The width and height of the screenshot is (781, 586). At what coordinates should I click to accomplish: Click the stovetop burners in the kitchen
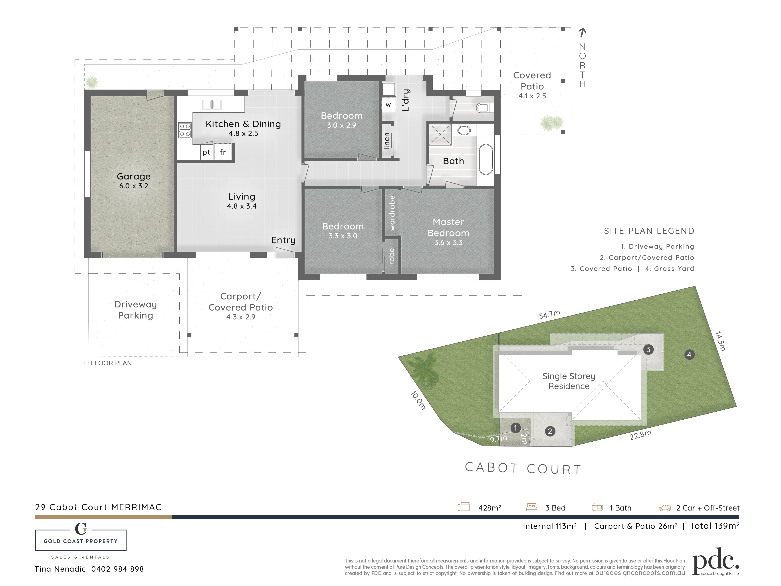(x=185, y=130)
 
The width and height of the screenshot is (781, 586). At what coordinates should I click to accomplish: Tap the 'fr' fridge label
(x=223, y=152)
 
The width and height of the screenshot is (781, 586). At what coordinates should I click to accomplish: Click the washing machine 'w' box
(x=388, y=105)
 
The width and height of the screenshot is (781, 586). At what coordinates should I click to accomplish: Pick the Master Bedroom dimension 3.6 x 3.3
(x=448, y=243)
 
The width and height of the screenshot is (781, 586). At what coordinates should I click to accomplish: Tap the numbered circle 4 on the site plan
(x=689, y=354)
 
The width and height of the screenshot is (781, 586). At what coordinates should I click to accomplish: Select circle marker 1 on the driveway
(x=515, y=428)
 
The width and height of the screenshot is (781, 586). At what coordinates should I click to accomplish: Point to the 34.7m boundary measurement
(x=549, y=314)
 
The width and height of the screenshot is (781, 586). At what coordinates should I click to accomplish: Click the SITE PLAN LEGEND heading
(x=649, y=231)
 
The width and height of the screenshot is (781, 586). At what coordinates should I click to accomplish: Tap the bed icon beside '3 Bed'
(x=531, y=507)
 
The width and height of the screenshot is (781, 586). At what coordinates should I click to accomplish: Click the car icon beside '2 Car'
(x=664, y=508)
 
